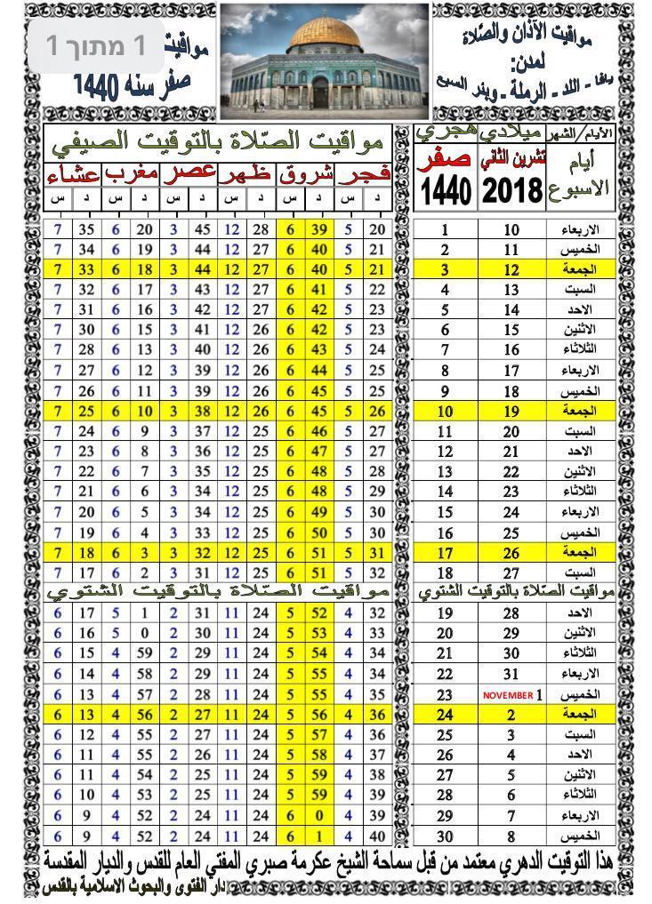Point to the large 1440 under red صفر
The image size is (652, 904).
pyautogui.click(x=445, y=190)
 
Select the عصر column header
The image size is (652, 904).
pyautogui.click(x=189, y=173)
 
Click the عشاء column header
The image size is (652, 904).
pyautogui.click(x=74, y=173)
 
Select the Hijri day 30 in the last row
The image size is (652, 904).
pyautogui.click(x=445, y=836)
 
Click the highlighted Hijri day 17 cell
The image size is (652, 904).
pyautogui.click(x=445, y=553)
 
